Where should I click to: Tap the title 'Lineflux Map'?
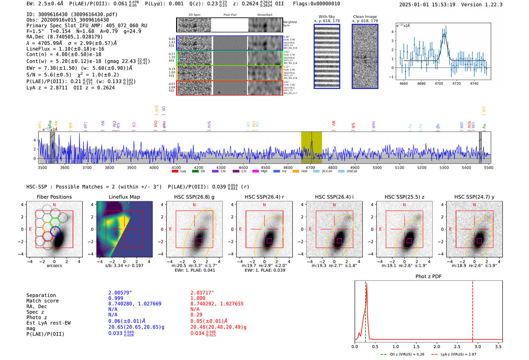pyautogui.click(x=124, y=197)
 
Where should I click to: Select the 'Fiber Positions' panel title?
pyautogui.click(x=54, y=197)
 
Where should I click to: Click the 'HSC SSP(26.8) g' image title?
pyautogui.click(x=194, y=197)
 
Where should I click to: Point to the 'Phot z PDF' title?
pyautogui.click(x=428, y=277)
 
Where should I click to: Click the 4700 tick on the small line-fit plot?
pyautogui.click(x=439, y=83)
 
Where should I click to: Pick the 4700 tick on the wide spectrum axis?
pyautogui.click(x=310, y=167)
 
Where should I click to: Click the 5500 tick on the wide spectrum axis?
pyautogui.click(x=489, y=167)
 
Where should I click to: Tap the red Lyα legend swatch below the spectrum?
pyautogui.click(x=175, y=172)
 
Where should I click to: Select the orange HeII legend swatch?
pyautogui.click(x=295, y=172)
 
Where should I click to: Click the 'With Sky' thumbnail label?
pyautogui.click(x=327, y=17)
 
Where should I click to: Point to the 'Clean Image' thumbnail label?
pyautogui.click(x=365, y=17)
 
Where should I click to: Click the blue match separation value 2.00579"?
pyautogui.click(x=120, y=293)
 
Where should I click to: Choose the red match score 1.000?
pyautogui.click(x=198, y=298)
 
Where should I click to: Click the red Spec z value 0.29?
pyautogui.click(x=196, y=315)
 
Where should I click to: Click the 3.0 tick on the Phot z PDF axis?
pyautogui.click(x=478, y=346)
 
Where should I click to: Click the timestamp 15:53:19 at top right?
pyautogui.click(x=442, y=5)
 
